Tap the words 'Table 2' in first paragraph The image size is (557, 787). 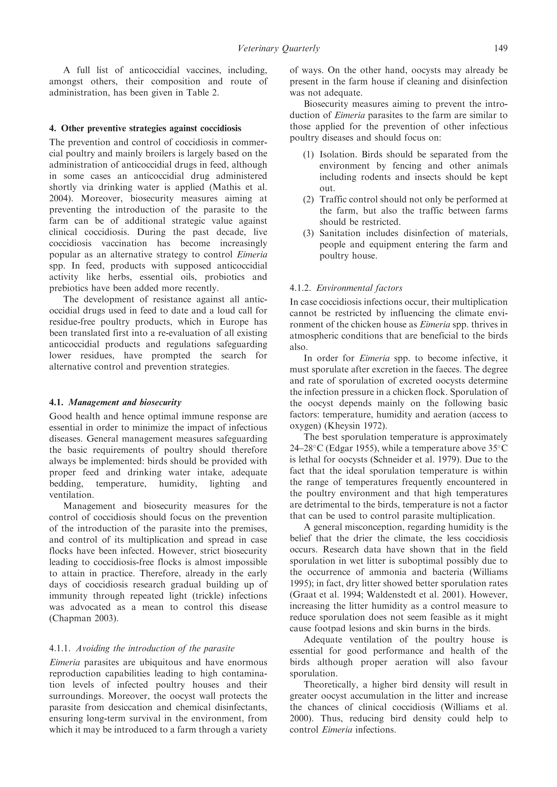202,93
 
